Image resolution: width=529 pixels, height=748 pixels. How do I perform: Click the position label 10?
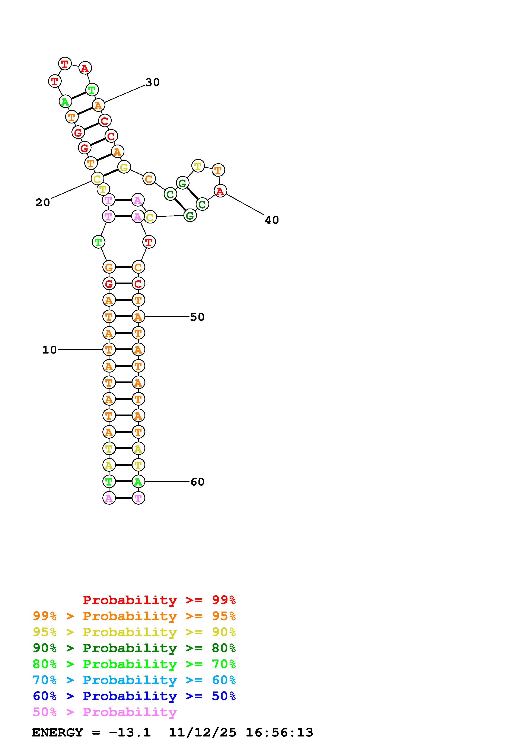50,350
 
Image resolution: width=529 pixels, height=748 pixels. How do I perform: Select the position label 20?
43,203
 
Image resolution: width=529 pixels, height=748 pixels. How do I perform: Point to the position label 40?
272,220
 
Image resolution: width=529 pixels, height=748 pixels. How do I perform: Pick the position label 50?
197,317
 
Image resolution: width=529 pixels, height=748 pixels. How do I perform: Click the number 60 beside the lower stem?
197,482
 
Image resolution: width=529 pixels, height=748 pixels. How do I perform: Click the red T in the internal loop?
149,242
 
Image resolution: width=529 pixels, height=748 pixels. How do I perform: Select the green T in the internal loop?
98,242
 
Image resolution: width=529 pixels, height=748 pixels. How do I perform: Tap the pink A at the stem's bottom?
109,498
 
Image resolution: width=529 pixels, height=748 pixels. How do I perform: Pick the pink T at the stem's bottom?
138,498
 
